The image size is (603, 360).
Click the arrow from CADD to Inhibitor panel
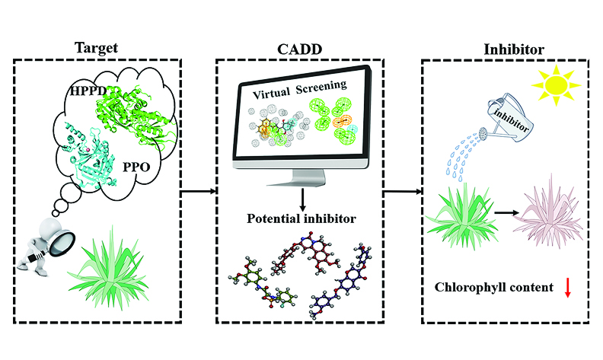click(401, 192)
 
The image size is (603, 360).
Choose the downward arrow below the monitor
click(302, 200)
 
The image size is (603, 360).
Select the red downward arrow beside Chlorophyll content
click(567, 288)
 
